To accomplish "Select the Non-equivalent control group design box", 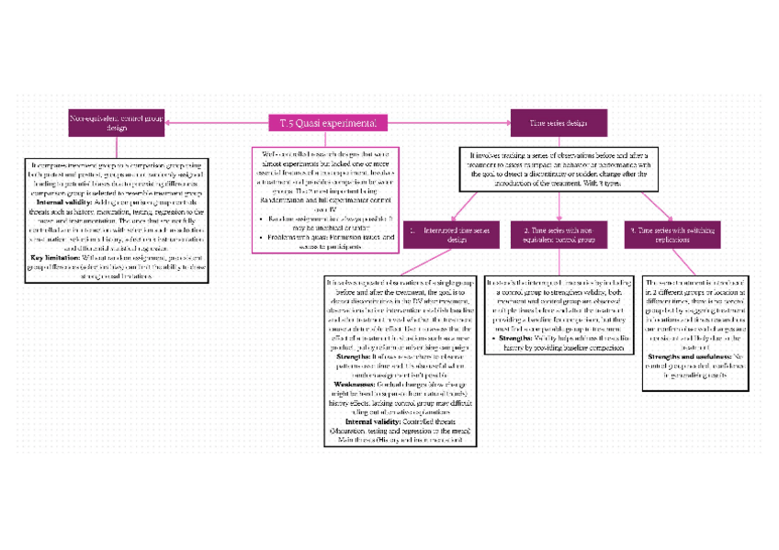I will (x=118, y=122).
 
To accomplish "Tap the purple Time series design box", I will (x=559, y=122).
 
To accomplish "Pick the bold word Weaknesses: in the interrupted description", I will (x=355, y=384).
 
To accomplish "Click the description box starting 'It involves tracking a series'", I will (x=559, y=170).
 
